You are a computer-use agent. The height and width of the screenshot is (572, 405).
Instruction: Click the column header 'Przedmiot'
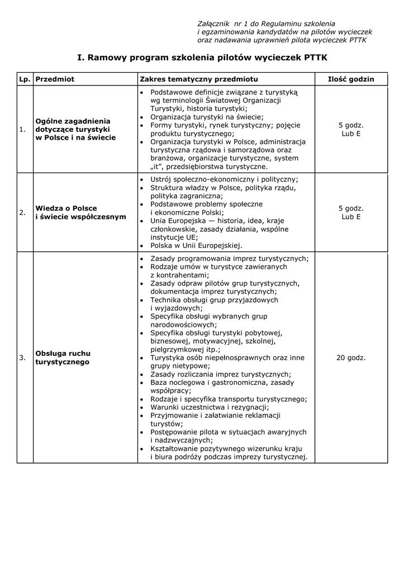55,79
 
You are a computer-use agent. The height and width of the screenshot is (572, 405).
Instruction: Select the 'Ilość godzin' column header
351,79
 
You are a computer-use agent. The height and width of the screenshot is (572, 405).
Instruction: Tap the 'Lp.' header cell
25,79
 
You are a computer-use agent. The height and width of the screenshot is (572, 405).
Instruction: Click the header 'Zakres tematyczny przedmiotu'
199,79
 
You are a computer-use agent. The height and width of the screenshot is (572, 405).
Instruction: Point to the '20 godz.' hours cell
351,357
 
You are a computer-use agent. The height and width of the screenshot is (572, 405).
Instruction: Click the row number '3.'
23,357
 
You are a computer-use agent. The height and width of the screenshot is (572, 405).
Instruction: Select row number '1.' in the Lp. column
23,130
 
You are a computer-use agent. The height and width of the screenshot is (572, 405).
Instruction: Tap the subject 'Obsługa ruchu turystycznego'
63,357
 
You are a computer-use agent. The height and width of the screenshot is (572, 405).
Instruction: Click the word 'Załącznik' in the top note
214,24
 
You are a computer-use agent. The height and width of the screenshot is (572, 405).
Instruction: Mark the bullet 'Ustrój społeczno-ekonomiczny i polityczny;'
224,179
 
